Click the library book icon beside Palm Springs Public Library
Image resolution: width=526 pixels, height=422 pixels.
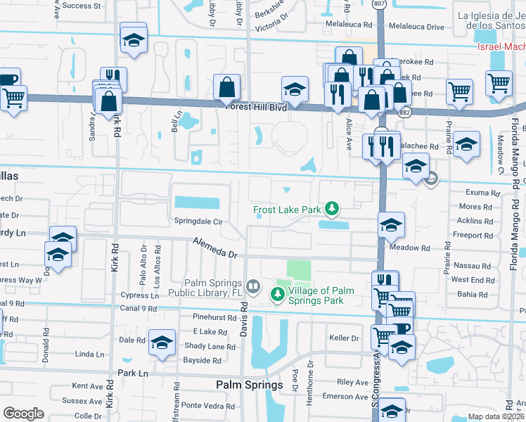[x=254, y=286]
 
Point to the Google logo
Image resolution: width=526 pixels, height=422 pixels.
[x=24, y=414]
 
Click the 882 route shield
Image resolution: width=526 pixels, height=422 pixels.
[x=404, y=113]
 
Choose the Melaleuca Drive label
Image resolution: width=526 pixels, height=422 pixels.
[x=415, y=27]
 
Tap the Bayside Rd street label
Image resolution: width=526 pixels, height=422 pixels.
[x=203, y=360]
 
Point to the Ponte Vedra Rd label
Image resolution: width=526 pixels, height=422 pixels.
[x=202, y=405]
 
